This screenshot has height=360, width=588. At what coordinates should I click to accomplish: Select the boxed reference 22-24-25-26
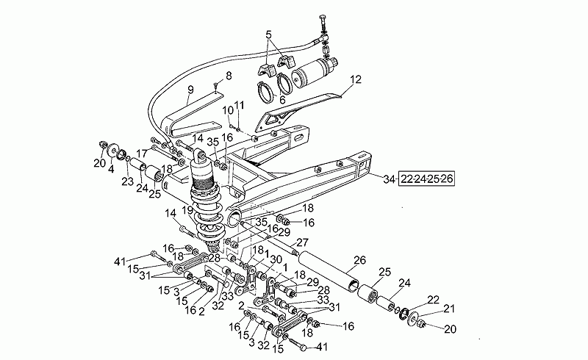[426, 179]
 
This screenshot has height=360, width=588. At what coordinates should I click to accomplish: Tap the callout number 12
[356, 79]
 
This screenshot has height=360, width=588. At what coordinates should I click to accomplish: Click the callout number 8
[228, 75]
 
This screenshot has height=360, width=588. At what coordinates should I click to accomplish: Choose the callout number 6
[282, 101]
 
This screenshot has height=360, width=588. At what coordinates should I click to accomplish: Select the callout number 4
[111, 170]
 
